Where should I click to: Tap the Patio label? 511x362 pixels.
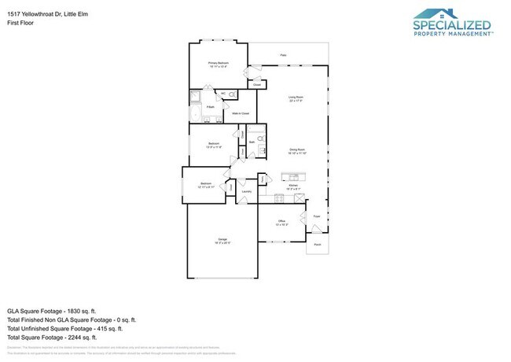(x=284, y=55)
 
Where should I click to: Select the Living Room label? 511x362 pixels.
(x=296, y=98)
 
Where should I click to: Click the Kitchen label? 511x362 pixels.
(x=292, y=186)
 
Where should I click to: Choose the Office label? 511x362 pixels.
(x=281, y=222)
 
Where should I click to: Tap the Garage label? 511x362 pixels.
(x=222, y=239)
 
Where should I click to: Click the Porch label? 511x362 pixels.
(x=318, y=245)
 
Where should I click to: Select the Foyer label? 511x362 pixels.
(x=318, y=215)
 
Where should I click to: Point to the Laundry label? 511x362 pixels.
(x=246, y=191)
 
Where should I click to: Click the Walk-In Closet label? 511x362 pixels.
(x=241, y=113)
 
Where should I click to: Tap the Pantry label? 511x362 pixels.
(x=263, y=179)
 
